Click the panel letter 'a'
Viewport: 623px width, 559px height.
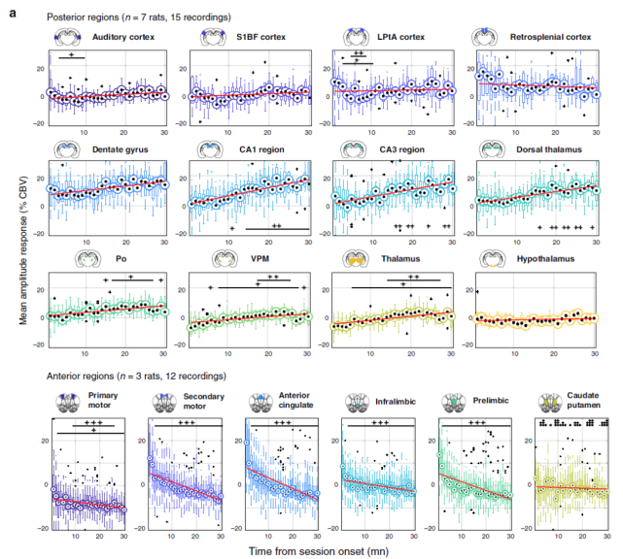[x=13, y=13]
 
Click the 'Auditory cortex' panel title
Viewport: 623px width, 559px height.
[x=123, y=37]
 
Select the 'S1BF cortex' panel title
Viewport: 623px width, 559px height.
[x=261, y=37]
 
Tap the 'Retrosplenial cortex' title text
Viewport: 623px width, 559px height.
[x=550, y=37]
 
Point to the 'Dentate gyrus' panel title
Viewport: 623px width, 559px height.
[x=120, y=149]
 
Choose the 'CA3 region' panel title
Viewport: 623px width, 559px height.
[x=401, y=149]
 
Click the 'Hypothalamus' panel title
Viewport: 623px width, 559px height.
[x=545, y=259]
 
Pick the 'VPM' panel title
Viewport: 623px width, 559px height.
[x=260, y=259]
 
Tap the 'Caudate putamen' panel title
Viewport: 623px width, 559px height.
[x=583, y=400]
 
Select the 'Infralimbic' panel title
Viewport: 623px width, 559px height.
[x=396, y=402]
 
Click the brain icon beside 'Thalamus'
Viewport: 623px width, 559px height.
[x=356, y=259]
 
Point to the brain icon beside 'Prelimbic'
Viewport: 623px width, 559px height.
[x=455, y=403]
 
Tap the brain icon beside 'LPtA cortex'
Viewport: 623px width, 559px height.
[x=356, y=37]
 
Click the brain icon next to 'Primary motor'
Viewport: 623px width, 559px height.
[x=68, y=403]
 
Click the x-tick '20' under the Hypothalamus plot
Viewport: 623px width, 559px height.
[x=554, y=353]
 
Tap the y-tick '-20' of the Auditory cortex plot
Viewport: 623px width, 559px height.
[x=39, y=123]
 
